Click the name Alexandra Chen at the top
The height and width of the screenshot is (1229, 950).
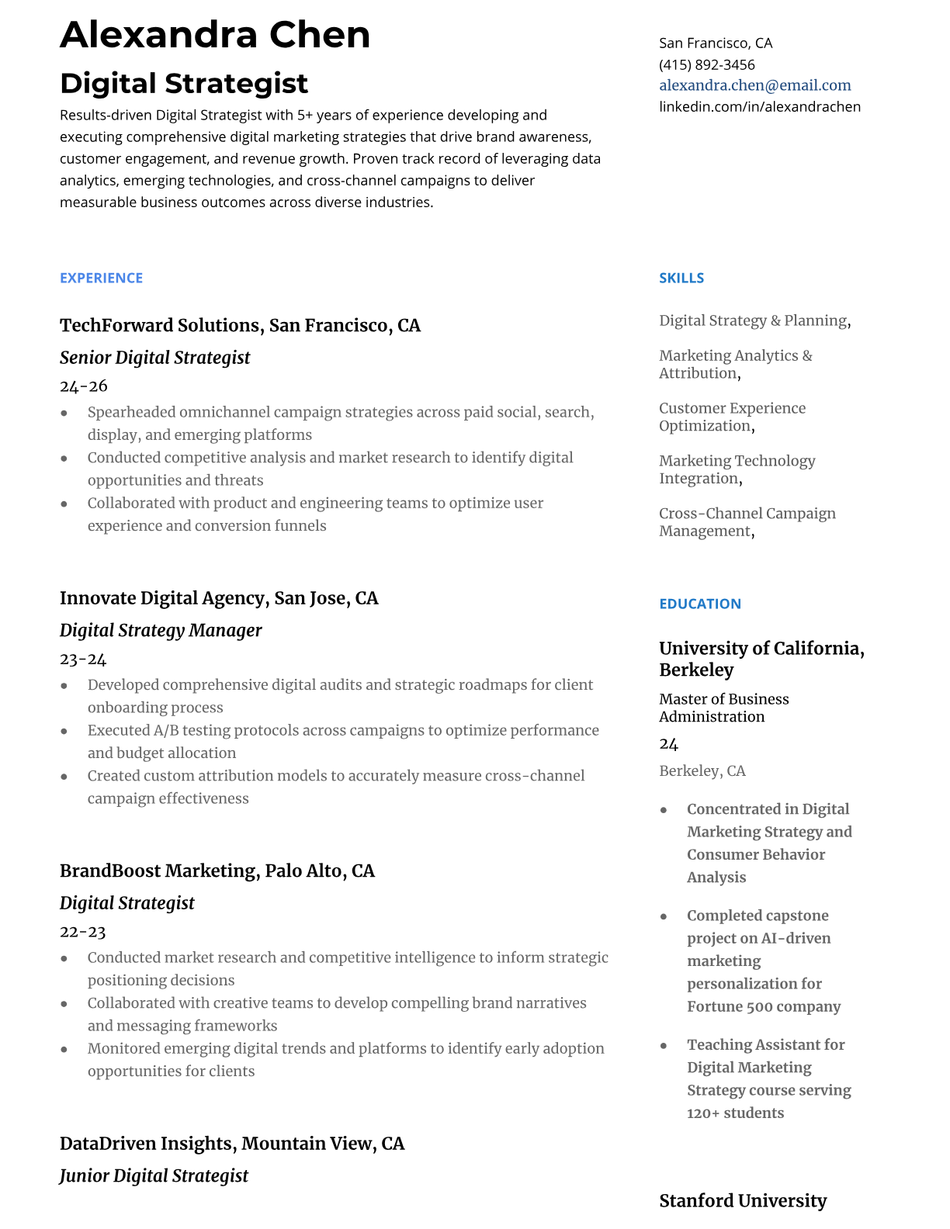(215, 35)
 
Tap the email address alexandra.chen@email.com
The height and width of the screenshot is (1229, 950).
(754, 85)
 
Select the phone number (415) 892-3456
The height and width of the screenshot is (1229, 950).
(706, 64)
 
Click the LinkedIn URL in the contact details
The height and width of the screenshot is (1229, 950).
(759, 106)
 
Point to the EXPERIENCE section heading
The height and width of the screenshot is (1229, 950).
(101, 278)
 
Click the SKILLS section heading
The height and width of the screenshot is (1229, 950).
(681, 278)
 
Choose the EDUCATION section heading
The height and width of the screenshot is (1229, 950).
(699, 604)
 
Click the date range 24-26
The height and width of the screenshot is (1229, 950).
(84, 386)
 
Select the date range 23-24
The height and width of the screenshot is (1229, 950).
(83, 659)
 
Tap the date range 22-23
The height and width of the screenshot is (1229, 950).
(83, 931)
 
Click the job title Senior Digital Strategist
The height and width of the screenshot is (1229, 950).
(154, 358)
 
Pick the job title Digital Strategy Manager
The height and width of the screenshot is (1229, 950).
(161, 630)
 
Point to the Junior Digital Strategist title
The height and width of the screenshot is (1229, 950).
(154, 1175)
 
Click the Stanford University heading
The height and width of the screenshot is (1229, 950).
(742, 1200)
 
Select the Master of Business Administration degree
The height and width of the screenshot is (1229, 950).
(723, 708)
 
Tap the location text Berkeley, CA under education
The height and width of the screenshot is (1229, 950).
(702, 770)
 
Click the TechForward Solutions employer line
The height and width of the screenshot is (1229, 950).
(240, 325)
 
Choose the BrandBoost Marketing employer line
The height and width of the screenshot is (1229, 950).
(217, 871)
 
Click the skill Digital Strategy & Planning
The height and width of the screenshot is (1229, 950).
(753, 320)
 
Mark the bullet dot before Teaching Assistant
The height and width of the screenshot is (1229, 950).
(664, 1046)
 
